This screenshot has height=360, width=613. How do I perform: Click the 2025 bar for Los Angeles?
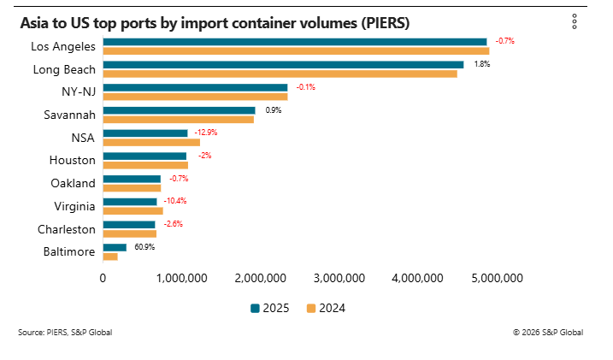tap(294, 41)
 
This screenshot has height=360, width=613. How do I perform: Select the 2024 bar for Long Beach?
tap(280, 74)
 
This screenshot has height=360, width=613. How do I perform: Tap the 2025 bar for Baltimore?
tap(115, 247)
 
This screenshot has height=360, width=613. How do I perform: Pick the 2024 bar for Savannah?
tap(178, 119)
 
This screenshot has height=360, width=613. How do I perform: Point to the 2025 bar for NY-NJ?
tap(195, 87)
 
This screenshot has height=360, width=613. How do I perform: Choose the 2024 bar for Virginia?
tap(133, 210)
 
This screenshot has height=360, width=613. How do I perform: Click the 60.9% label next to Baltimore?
tap(144, 246)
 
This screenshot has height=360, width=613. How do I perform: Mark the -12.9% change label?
tap(206, 133)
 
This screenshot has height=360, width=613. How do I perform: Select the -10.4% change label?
tap(174, 201)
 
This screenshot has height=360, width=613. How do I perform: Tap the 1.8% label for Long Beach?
tap(481, 64)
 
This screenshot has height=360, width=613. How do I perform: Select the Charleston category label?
tap(67, 229)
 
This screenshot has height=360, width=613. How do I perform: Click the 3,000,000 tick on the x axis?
tap(339, 278)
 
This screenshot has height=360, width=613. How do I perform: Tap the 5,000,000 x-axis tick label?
tap(497, 278)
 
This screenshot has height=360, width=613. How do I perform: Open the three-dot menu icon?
tap(575, 22)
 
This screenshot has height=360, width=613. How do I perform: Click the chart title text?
tap(215, 23)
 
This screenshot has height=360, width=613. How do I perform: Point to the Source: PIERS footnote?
tap(64, 332)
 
